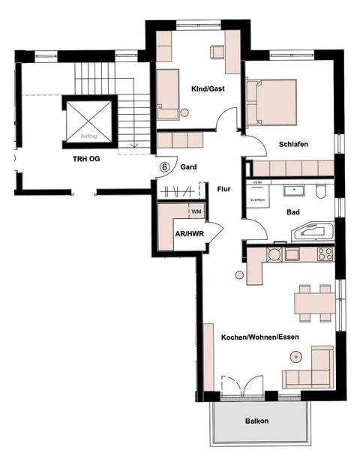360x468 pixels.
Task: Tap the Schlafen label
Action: [x=294, y=145]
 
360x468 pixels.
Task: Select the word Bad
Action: [x=293, y=212]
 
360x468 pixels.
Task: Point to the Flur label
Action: [x=224, y=189]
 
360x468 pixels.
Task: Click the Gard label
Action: [x=188, y=167]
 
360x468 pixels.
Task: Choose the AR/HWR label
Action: [x=188, y=233]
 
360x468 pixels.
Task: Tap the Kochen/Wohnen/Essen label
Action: [x=259, y=337]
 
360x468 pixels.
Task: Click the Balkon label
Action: [x=256, y=421]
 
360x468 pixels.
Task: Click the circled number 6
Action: [x=164, y=167]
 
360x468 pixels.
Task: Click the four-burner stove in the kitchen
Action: [x=325, y=254]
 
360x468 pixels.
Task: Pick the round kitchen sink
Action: [x=272, y=254]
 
